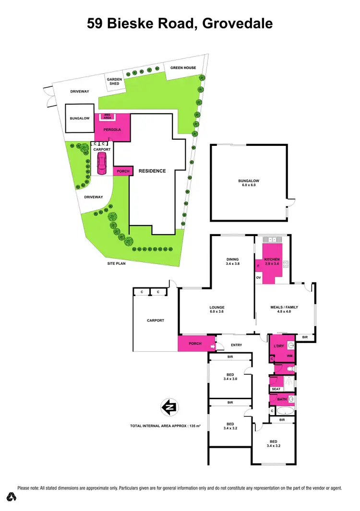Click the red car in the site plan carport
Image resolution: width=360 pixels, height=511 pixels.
point(102,164)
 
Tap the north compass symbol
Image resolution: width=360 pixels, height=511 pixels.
point(169,407)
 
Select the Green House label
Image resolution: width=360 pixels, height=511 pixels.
point(183,68)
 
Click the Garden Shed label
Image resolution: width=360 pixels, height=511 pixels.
point(113,82)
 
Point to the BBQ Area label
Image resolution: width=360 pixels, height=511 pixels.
point(108,116)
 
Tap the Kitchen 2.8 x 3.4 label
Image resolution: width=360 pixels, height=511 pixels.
point(272,261)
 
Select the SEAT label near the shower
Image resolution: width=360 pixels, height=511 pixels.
point(276,389)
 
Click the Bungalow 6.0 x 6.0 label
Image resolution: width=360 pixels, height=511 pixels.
point(249,183)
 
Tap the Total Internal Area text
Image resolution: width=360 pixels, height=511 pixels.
point(165,426)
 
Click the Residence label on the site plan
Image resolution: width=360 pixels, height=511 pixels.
point(152,171)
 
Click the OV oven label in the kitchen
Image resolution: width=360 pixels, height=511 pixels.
point(259,278)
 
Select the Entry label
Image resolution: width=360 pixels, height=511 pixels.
point(236,345)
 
